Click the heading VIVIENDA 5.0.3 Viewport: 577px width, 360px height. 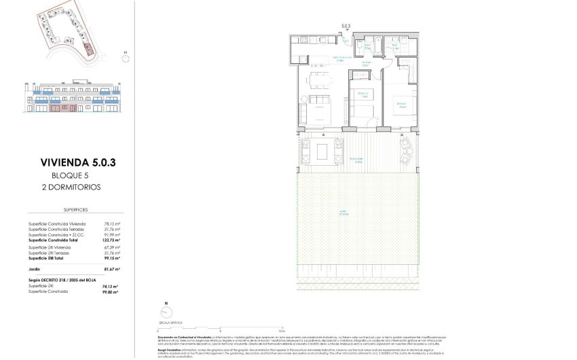[x=74, y=163]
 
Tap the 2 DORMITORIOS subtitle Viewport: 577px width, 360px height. [x=74, y=185]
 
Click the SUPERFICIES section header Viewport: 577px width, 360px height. [x=74, y=211]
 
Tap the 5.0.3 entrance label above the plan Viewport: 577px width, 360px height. [x=346, y=27]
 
